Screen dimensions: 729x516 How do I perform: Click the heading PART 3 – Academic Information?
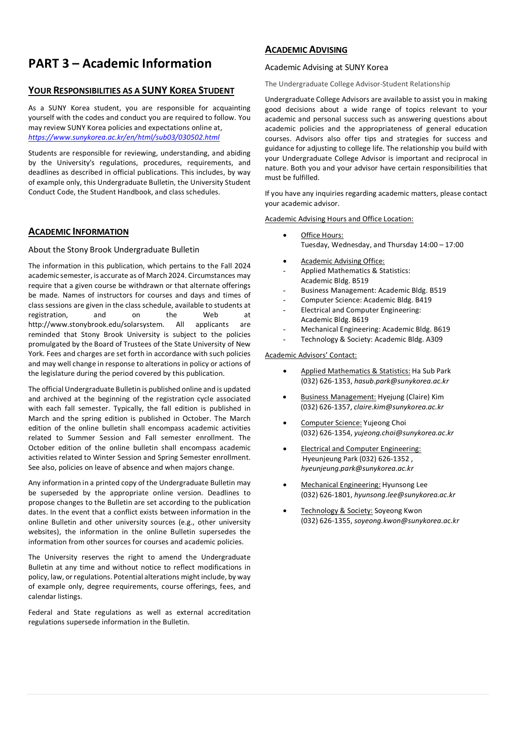pos(120,64)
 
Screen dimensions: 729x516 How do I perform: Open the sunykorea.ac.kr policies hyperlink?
pos(124,137)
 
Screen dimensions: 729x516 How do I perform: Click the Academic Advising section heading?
pos(306,50)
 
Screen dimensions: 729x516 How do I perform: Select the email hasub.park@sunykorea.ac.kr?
pos(401,381)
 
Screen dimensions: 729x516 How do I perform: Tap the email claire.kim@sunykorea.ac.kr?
pos(398,407)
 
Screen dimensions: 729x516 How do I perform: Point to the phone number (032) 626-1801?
pos(325,495)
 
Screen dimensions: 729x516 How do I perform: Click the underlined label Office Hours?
pos(322,235)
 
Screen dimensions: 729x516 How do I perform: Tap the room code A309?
pos(434,339)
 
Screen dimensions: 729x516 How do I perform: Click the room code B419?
pos(423,300)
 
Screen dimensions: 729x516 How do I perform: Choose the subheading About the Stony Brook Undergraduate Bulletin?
pos(114,250)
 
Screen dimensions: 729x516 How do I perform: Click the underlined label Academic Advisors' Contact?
pos(311,355)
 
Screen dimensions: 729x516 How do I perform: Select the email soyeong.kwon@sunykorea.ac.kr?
pos(406,521)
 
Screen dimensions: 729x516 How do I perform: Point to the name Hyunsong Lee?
pos(405,485)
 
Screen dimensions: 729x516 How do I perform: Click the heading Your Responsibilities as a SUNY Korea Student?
pos(131,91)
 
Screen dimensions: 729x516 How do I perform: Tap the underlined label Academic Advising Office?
pos(342,261)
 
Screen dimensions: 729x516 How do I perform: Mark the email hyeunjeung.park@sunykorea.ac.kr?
pos(357,468)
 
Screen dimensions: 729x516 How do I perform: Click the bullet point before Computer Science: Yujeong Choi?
pos(285,423)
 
